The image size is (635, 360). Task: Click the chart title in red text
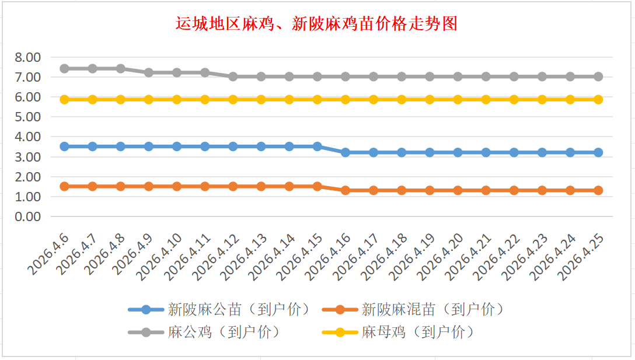(x=317, y=24)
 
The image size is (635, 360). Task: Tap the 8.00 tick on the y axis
(x=27, y=57)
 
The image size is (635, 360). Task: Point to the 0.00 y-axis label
(x=27, y=216)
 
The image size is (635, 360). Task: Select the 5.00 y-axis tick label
(x=27, y=117)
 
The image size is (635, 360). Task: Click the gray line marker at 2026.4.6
(x=64, y=68)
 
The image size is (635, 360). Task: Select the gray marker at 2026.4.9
(x=149, y=72)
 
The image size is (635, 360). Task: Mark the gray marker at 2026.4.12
(x=233, y=76)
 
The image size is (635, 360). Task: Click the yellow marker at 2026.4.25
(x=598, y=99)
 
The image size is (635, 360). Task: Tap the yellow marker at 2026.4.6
(x=64, y=99)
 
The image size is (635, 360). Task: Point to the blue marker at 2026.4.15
(x=317, y=146)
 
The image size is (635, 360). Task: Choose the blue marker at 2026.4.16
(x=346, y=152)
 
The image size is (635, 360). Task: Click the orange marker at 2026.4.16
(x=346, y=190)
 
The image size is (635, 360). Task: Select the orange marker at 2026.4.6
(x=64, y=186)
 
